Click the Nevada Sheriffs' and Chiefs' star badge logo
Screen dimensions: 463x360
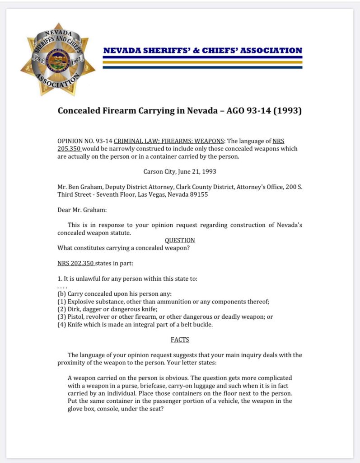(58, 59)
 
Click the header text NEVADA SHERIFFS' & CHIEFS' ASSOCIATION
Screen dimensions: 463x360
(202, 51)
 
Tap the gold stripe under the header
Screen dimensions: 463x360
(202, 62)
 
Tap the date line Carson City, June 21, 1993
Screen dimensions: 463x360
(180, 171)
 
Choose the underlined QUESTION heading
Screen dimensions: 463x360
(180, 240)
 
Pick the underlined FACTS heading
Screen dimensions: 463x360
(180, 339)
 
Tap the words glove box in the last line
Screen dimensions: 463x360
(82, 409)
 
